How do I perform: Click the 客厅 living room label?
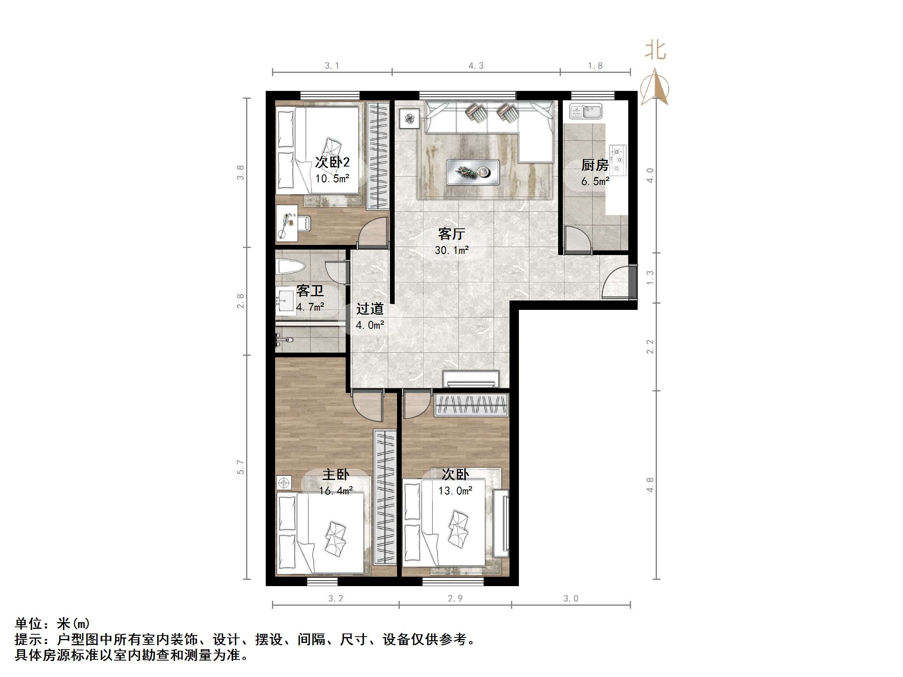tap(451, 234)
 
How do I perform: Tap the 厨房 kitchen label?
tap(595, 165)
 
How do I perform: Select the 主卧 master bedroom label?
tap(335, 474)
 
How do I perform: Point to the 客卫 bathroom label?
tap(310, 291)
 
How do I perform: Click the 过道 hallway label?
tap(370, 309)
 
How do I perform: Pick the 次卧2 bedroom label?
tap(332, 163)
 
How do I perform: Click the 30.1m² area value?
tap(451, 250)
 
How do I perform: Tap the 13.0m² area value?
tap(455, 491)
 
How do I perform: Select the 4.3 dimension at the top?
tap(475, 66)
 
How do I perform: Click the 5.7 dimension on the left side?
tap(241, 467)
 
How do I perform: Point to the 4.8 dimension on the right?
tap(650, 485)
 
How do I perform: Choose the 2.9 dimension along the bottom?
tap(455, 598)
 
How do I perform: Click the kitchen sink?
tap(586, 111)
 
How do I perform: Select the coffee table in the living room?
tap(473, 172)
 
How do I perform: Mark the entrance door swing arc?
tap(615, 282)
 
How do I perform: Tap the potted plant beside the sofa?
tap(410, 119)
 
